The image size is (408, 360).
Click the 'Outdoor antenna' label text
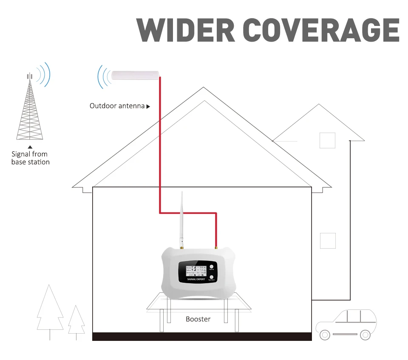pyautogui.click(x=117, y=106)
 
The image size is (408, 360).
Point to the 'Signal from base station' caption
pyautogui.click(x=30, y=158)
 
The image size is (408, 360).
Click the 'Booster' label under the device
pyautogui.click(x=198, y=319)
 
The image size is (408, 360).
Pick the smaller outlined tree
pyautogui.click(x=76, y=321)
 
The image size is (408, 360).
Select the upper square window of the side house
pyautogui.click(x=327, y=140)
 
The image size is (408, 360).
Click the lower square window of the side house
pyautogui.click(x=328, y=241)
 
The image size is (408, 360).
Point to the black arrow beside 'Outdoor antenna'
pyautogui.click(x=148, y=106)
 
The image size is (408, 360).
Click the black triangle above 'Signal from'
pyautogui.click(x=30, y=147)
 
